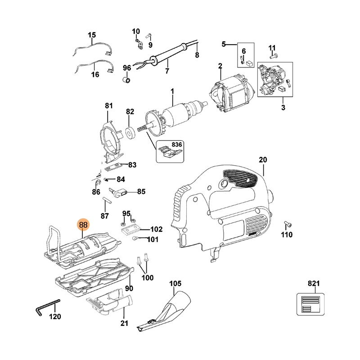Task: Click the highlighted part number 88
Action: coord(84,225)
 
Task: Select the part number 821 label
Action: coord(313,283)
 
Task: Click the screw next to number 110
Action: coord(288,224)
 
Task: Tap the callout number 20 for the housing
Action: coord(263,160)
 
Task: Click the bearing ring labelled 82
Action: coord(129,134)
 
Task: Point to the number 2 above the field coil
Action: coord(220,67)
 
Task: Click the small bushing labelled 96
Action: coord(127,80)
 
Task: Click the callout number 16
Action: coord(95,75)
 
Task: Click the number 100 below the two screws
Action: coord(147,278)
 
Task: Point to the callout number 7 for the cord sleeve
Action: coord(167,71)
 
